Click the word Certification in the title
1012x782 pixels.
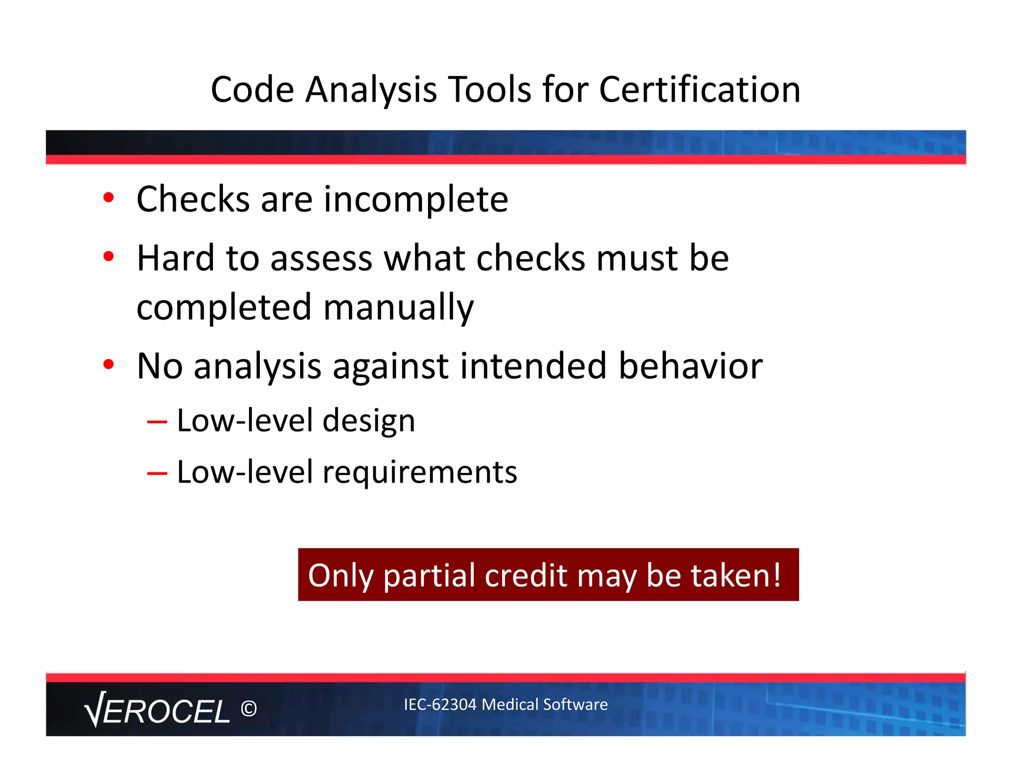[x=699, y=90]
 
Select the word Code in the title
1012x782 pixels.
[x=253, y=90]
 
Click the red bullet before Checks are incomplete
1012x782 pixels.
[x=109, y=198]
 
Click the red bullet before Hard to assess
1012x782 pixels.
[x=109, y=257]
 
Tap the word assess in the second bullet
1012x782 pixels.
[x=321, y=259]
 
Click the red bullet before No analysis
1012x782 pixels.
[x=109, y=364]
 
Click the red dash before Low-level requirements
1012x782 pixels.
[x=157, y=474]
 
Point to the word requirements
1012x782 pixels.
[x=420, y=473]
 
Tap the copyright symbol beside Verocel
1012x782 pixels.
[x=249, y=709]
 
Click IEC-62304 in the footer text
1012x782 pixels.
[x=440, y=704]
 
